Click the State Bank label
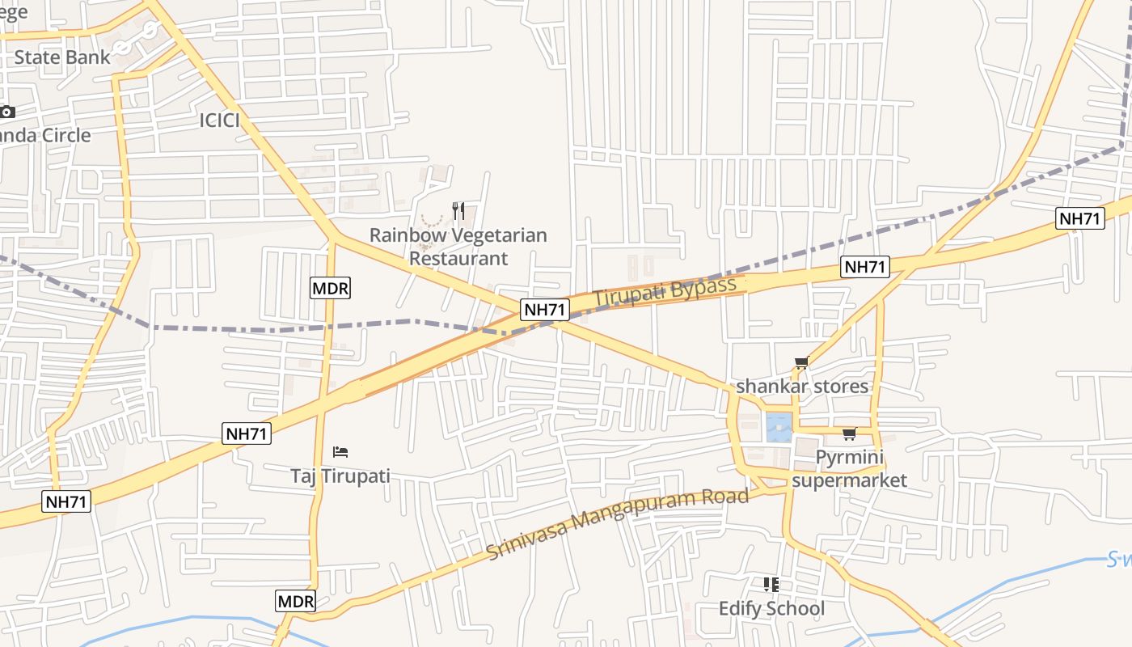tap(62, 57)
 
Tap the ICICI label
tap(220, 121)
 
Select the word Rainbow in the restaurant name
tap(406, 235)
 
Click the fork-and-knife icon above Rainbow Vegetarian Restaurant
tap(458, 211)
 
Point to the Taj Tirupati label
tap(340, 476)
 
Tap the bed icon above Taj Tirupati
tap(340, 451)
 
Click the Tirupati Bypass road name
tap(665, 291)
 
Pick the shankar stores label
tap(802, 387)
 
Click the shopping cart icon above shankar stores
tap(801, 363)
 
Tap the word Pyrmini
tap(849, 458)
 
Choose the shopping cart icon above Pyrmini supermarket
tap(849, 434)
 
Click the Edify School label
tap(771, 608)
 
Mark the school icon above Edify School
tap(771, 584)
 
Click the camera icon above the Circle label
tap(7, 112)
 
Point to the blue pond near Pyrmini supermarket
tap(778, 427)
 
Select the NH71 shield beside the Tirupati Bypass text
tap(545, 309)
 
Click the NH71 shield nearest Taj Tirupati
tap(247, 433)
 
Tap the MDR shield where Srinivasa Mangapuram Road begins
tap(295, 601)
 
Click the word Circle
tap(56, 135)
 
